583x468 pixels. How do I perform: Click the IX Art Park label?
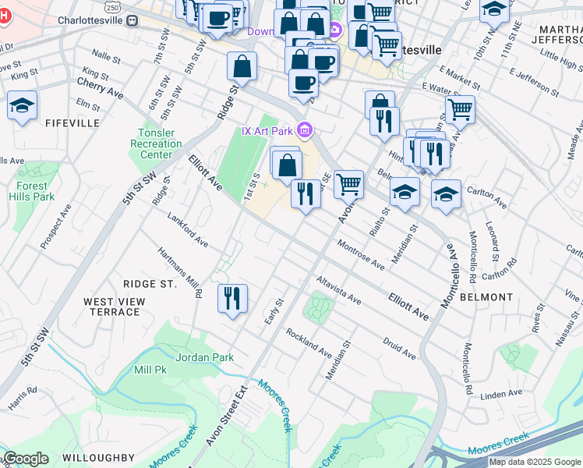coord(267,130)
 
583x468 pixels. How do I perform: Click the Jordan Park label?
coord(205,357)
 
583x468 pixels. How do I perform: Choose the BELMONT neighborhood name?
coord(486,297)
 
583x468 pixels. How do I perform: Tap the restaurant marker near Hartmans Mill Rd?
coord(232,299)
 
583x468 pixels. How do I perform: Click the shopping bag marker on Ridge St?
coord(242,66)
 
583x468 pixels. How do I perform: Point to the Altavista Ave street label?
coord(338,289)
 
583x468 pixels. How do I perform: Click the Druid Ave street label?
coord(399,348)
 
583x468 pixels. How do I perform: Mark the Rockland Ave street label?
coord(309,339)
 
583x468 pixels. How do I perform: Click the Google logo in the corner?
coord(26,459)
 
